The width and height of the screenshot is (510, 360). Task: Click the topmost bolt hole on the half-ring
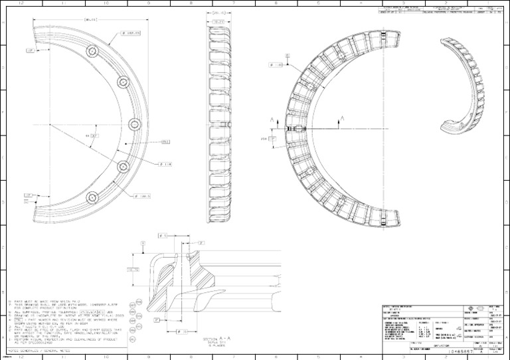pos(92,51)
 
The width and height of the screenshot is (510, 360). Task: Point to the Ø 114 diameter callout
pos(165,163)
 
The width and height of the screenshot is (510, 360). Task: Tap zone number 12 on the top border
pos(23,3)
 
